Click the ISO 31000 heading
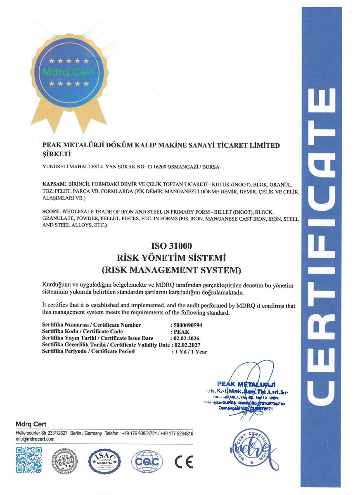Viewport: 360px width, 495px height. click(x=172, y=246)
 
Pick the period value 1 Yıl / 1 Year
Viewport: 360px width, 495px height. click(x=190, y=352)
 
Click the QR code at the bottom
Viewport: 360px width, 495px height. click(x=28, y=460)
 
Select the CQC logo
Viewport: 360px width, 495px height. click(x=147, y=460)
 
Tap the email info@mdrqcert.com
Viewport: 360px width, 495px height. click(x=35, y=439)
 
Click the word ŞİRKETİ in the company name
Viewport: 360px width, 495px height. click(x=57, y=155)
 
